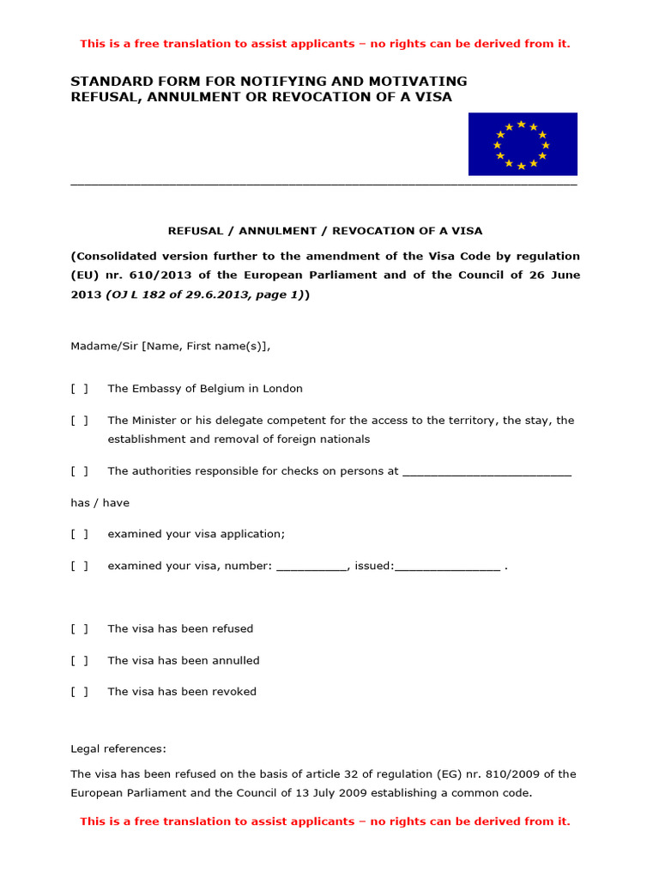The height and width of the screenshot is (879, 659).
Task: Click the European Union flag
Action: [523, 143]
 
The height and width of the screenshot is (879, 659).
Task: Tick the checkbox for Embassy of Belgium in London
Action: [79, 389]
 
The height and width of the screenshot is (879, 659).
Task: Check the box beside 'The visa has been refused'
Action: [79, 629]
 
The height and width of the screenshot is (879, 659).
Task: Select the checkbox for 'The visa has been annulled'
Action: [79, 661]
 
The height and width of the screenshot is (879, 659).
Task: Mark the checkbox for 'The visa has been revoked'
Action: [79, 692]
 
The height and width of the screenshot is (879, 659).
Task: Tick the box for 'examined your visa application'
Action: [79, 534]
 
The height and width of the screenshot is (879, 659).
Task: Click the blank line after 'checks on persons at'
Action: [487, 471]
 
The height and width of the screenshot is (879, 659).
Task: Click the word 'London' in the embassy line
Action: [282, 389]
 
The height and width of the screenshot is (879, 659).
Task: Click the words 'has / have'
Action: [100, 503]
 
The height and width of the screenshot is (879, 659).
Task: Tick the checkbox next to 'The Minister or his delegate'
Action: [79, 421]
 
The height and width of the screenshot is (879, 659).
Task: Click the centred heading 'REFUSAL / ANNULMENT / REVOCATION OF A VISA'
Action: [324, 231]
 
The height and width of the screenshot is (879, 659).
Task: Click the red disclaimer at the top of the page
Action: [324, 44]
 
